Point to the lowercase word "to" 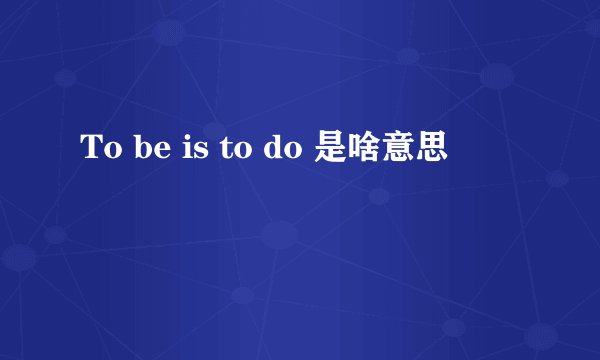(x=229, y=152)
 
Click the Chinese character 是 (x=332, y=151)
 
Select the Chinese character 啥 (x=365, y=151)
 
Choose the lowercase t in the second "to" (x=220, y=152)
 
